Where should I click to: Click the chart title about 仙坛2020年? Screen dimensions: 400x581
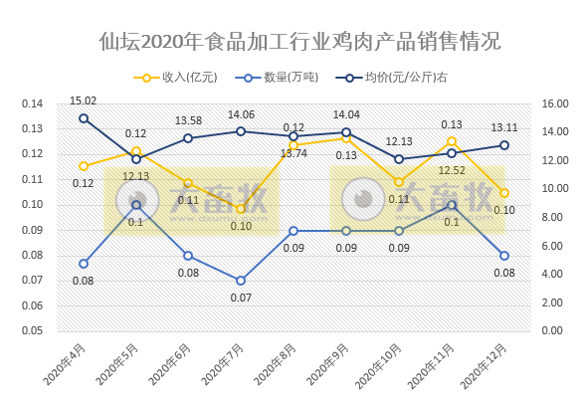299,42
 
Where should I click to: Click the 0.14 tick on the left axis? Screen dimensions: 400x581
33,103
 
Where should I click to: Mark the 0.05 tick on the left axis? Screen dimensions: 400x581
33,330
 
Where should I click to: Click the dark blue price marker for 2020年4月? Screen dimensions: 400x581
84,118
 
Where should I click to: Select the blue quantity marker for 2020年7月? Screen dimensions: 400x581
241,281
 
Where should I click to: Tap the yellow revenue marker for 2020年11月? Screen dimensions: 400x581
452,141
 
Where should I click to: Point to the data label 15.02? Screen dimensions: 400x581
84,100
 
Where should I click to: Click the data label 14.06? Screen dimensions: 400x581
241,113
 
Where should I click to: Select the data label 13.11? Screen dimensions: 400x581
504,127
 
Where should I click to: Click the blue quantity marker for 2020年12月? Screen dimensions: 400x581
504,256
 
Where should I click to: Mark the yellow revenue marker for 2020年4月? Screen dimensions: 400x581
84,166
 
